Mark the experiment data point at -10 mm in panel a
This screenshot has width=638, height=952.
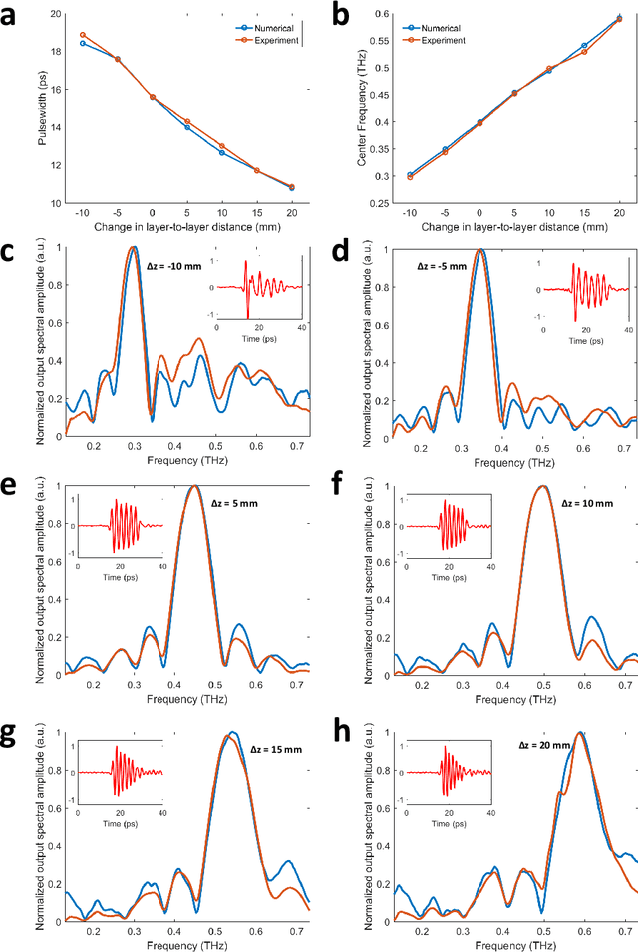coord(83,35)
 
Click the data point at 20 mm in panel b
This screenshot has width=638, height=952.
coord(618,19)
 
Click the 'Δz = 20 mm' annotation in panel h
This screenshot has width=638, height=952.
coord(544,745)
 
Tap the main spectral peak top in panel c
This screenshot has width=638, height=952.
coord(132,248)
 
